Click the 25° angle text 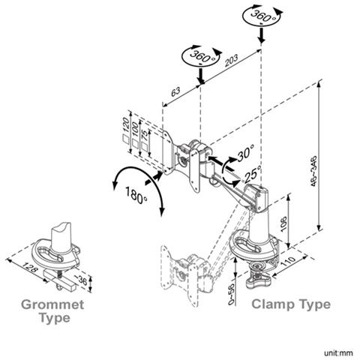(252, 177)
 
